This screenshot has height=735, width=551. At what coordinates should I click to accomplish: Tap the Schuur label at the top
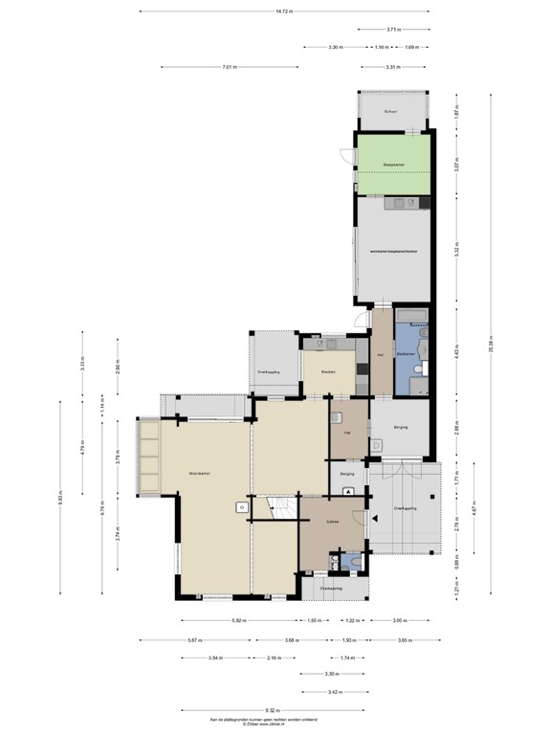[389, 112]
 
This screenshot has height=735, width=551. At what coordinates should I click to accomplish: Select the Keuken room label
[327, 372]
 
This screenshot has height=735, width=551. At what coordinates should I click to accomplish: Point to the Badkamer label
[407, 354]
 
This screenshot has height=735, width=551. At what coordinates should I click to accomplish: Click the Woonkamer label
[199, 473]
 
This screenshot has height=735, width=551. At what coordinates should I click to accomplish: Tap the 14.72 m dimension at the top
[284, 11]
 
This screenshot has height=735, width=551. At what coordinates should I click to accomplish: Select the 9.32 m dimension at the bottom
[273, 710]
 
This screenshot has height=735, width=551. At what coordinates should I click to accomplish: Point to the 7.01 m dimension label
[230, 67]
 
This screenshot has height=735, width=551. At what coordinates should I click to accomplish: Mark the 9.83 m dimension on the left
[60, 499]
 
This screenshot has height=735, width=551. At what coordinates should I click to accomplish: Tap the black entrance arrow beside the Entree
[348, 491]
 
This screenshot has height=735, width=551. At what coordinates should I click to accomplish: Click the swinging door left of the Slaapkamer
[346, 157]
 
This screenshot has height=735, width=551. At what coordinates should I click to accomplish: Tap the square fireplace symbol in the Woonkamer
[242, 507]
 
